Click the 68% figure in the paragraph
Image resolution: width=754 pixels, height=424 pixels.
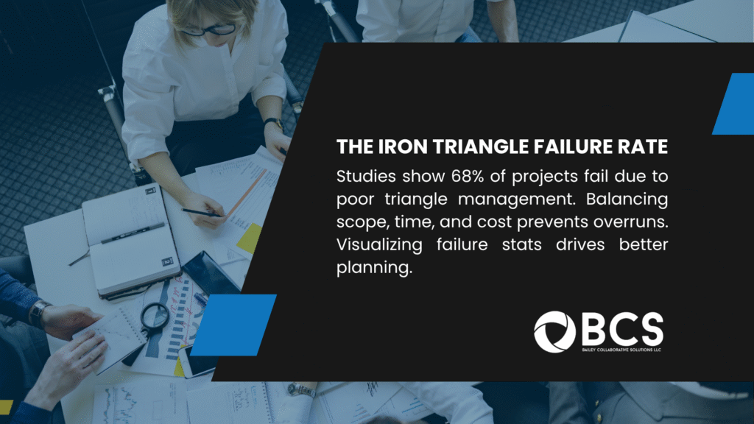pyautogui.click(x=468, y=177)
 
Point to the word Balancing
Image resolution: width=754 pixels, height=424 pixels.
pyautogui.click(x=627, y=199)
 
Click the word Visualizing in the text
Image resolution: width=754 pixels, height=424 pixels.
pyautogui.click(x=379, y=245)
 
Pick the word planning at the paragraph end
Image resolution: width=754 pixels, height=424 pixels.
pyautogui.click(x=374, y=268)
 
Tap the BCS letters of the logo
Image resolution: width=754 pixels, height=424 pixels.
pyautogui.click(x=623, y=329)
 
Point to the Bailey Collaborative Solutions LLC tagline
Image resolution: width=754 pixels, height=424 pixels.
pyautogui.click(x=621, y=350)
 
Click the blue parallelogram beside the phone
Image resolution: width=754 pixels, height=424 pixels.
pyautogui.click(x=234, y=325)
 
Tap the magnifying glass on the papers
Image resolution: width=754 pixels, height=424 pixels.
pyautogui.click(x=155, y=317)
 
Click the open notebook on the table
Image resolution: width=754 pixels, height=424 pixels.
pyautogui.click(x=130, y=241)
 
